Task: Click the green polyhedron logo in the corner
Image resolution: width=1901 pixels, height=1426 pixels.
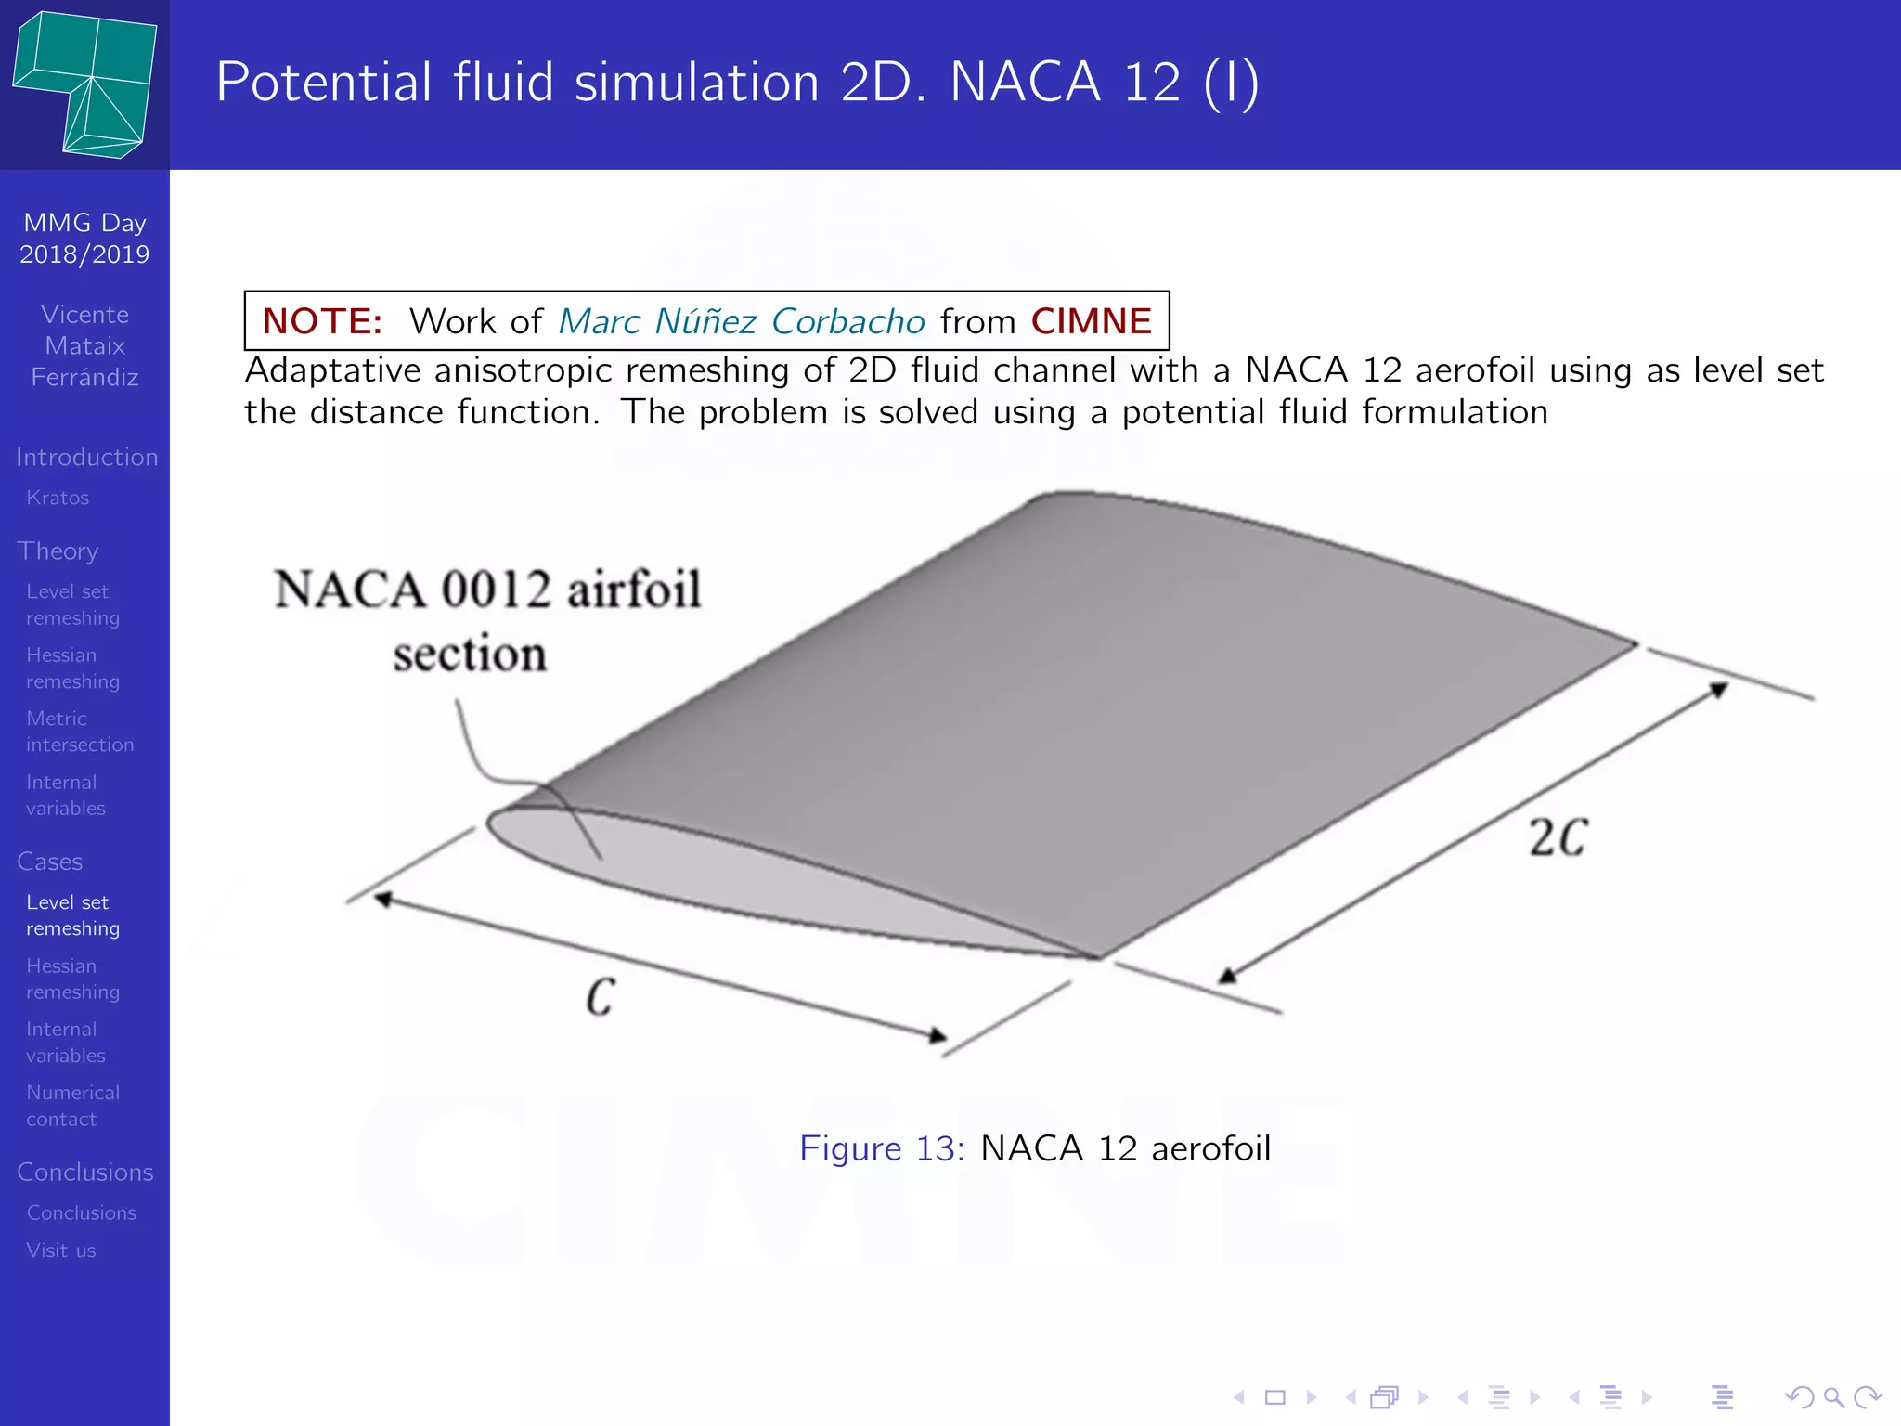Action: (x=85, y=84)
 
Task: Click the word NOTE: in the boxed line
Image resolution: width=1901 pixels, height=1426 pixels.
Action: (x=321, y=321)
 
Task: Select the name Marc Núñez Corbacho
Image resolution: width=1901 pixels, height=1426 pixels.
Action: (x=741, y=321)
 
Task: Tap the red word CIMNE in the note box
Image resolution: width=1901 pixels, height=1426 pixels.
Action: (x=1091, y=321)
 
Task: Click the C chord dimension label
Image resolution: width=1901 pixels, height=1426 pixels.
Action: (x=601, y=997)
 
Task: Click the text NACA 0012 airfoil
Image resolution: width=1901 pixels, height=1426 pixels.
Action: (x=487, y=590)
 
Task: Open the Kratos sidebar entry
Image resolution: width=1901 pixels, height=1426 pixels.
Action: (x=58, y=498)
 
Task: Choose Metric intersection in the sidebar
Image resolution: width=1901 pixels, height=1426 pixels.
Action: (x=80, y=732)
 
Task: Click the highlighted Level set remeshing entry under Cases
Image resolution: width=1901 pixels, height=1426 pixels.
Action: (x=72, y=915)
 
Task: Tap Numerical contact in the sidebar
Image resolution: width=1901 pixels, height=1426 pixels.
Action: (x=72, y=1106)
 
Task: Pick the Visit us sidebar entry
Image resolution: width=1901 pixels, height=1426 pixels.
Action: (x=61, y=1251)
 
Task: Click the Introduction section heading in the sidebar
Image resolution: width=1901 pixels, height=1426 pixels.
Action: (x=86, y=457)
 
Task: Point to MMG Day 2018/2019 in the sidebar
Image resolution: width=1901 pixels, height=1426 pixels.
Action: (x=84, y=239)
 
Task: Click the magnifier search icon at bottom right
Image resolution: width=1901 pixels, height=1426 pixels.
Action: (x=1833, y=1397)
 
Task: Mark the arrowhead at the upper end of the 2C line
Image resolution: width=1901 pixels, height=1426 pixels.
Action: (x=1718, y=690)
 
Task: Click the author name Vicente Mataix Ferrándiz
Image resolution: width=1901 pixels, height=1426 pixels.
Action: (x=84, y=345)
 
